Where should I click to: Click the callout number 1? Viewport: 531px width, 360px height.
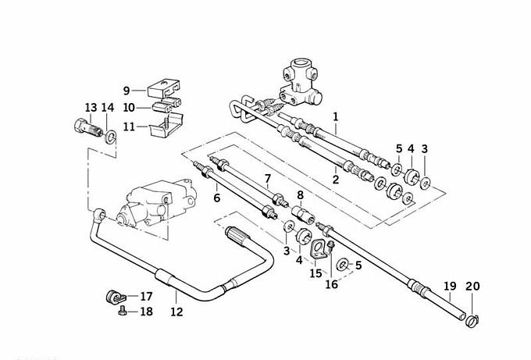(x=336, y=118)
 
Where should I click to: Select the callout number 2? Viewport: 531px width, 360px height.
(x=336, y=179)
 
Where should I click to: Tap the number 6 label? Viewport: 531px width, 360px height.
(x=216, y=198)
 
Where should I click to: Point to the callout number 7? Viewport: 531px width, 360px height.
(x=267, y=180)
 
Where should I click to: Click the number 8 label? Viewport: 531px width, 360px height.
(x=299, y=195)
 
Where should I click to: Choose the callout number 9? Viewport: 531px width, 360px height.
(x=127, y=90)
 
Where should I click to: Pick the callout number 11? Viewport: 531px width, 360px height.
(x=128, y=126)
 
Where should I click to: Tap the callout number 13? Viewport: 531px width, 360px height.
(x=91, y=107)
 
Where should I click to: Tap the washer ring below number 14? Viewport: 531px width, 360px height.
(x=112, y=137)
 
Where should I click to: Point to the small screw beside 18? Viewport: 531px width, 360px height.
(x=121, y=312)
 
